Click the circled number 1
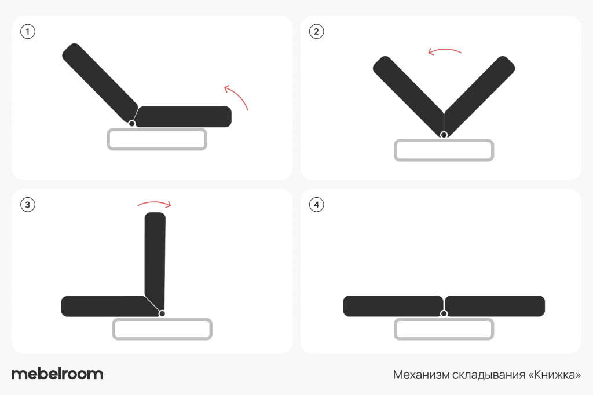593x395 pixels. (28, 31)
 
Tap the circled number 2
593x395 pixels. (317, 31)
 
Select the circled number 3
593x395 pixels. (28, 205)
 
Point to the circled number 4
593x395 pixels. (317, 205)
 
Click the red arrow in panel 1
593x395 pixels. (239, 95)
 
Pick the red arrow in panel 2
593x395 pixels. (444, 50)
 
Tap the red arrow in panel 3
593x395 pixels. (154, 203)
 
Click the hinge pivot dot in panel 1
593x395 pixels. (132, 124)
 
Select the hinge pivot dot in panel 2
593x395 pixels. (444, 135)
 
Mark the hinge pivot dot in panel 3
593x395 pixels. (162, 313)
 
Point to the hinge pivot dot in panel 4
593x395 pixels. (444, 313)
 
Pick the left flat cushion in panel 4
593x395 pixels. (393, 306)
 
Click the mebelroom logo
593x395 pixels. (57, 374)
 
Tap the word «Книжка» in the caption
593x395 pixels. (554, 375)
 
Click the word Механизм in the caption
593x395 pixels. (422, 375)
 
